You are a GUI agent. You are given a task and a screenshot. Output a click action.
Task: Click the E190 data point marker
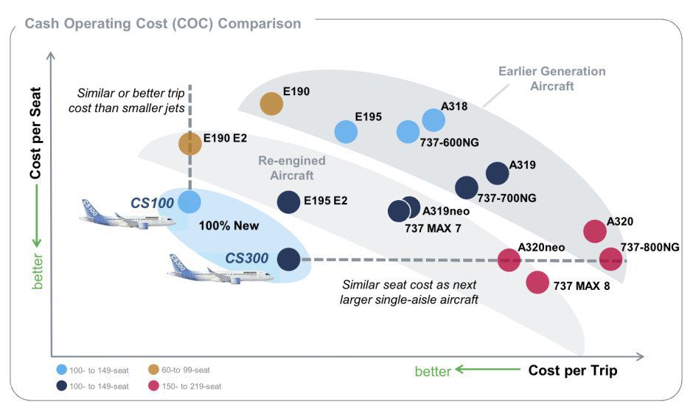point(272,104)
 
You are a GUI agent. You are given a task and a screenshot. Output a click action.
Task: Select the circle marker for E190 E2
point(190,143)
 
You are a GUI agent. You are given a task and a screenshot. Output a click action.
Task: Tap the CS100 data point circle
point(189,201)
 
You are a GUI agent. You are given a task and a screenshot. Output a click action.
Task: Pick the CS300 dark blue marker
point(288,259)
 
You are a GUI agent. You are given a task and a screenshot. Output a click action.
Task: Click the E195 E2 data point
point(288,201)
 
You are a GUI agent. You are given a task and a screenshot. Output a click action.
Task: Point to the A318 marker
point(434,120)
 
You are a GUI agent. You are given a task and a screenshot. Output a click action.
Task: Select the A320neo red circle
point(509,259)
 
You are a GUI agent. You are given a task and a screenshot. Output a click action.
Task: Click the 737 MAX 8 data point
point(537,282)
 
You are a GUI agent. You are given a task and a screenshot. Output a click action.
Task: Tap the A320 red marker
point(595,231)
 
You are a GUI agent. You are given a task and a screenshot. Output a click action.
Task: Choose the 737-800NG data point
point(610,259)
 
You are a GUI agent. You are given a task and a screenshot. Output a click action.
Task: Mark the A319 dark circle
point(498,173)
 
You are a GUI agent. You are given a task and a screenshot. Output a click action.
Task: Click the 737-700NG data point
point(467,187)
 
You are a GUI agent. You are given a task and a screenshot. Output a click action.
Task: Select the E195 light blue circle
point(346,132)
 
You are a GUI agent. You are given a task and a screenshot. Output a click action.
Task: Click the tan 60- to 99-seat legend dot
point(154,370)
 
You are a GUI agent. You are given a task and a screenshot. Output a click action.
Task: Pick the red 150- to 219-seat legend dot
point(154,385)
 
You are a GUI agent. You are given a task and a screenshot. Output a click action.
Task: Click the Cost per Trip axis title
point(572,370)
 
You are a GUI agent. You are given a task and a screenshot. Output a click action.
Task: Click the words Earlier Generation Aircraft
point(551,78)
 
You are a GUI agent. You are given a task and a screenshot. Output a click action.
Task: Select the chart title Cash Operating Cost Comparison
point(163,24)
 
